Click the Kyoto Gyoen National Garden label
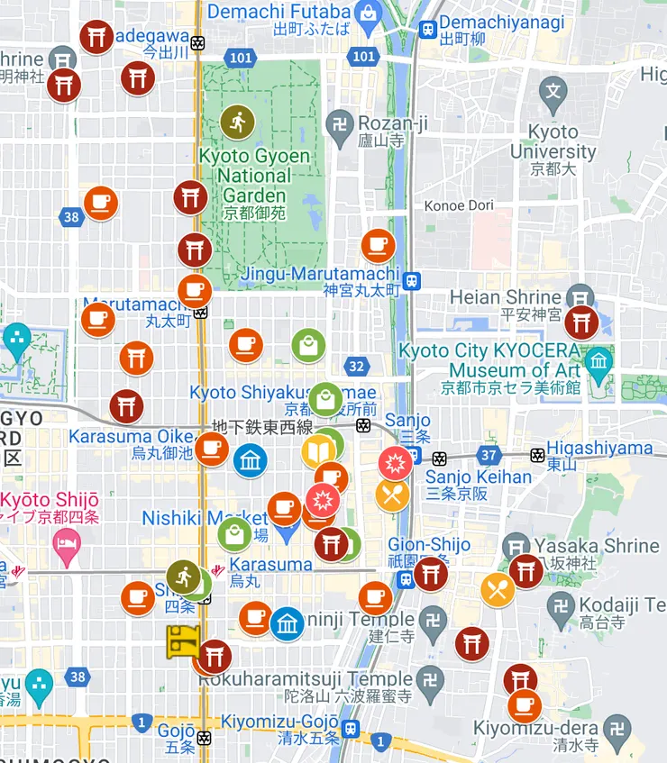tap(254, 175)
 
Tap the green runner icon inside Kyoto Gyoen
tap(238, 122)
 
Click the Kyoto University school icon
tap(553, 91)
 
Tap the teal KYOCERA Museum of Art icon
tap(598, 363)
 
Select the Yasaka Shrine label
tap(596, 545)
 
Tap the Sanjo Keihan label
tap(479, 477)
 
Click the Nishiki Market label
tap(205, 518)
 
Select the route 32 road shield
tap(357, 366)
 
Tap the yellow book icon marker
tap(318, 451)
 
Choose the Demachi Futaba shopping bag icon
tap(367, 13)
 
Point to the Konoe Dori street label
tap(459, 205)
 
